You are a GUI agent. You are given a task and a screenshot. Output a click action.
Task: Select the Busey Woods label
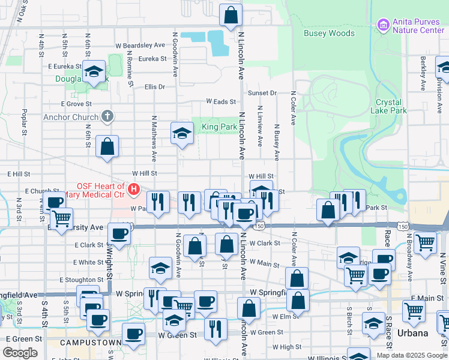coord(329,34)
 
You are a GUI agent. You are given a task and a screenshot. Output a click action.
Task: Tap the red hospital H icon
coord(134,190)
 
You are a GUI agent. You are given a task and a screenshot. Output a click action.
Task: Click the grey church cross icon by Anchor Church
coord(107,116)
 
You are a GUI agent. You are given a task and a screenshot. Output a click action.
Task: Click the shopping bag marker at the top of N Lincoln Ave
coord(231,15)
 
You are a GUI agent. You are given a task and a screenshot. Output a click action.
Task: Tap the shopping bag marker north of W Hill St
coord(107,146)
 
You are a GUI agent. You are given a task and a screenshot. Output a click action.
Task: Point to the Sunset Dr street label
coord(262,93)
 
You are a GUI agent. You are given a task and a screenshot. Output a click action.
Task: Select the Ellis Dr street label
coord(155,86)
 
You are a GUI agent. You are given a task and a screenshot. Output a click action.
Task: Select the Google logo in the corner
coord(20,353)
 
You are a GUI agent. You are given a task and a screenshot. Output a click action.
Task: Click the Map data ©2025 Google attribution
coord(411,355)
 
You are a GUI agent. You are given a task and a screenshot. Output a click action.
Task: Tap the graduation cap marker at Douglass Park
coord(94,71)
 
